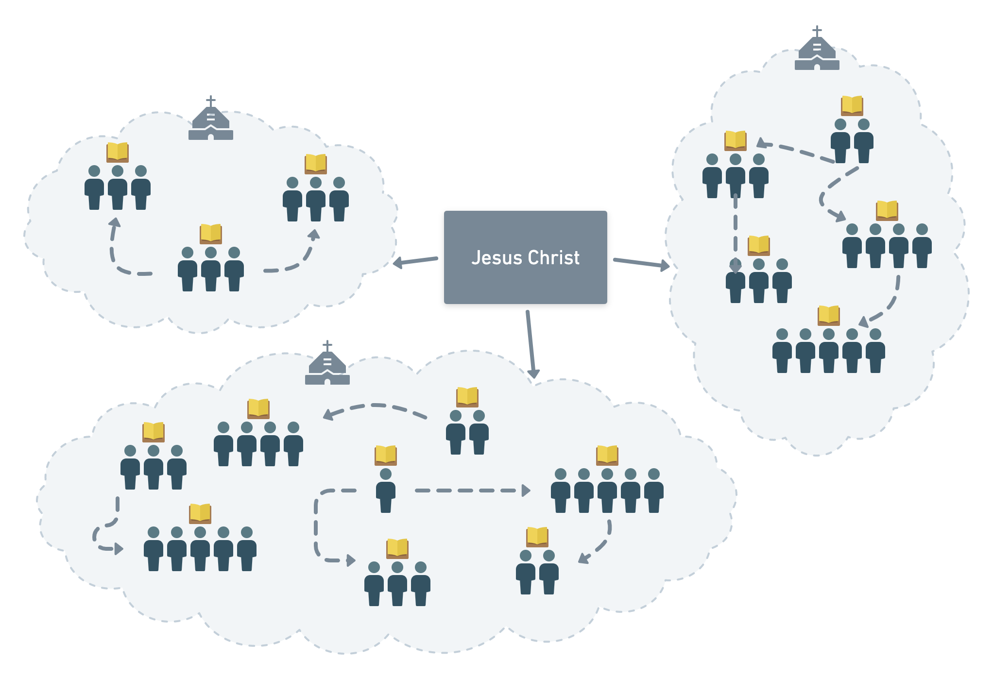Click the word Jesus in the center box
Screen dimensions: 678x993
click(496, 257)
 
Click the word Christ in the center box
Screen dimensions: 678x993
click(554, 257)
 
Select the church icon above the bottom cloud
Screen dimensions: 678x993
click(327, 365)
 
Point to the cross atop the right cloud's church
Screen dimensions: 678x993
click(818, 31)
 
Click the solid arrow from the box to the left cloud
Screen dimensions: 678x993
click(416, 261)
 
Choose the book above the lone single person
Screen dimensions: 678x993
click(386, 455)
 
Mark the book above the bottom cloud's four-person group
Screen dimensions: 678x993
click(258, 408)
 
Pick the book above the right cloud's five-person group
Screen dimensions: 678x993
click(829, 315)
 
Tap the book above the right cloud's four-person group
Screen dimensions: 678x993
click(887, 210)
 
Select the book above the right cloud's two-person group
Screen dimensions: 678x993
click(852, 105)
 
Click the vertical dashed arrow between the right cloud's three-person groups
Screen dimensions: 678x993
click(736, 233)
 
